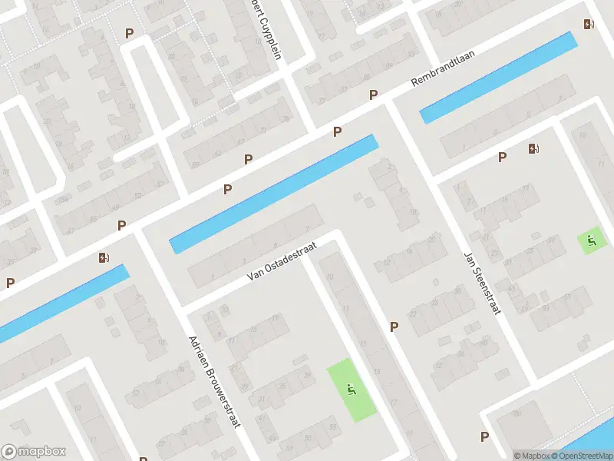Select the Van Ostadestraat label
click(x=283, y=263)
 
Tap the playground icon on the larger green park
click(x=352, y=390)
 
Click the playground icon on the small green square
click(x=592, y=241)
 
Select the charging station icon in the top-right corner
click(x=589, y=25)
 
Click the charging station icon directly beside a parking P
click(x=533, y=149)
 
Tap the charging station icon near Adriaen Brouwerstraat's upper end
click(x=104, y=257)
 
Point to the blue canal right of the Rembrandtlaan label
click(x=499, y=77)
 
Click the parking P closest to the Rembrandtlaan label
click(x=374, y=95)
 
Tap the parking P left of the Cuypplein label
click(x=129, y=34)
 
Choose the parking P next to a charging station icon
click(x=503, y=158)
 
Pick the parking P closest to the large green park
click(x=394, y=327)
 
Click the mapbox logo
click(x=34, y=452)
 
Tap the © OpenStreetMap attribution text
click(x=581, y=456)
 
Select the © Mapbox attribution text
click(x=531, y=456)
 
